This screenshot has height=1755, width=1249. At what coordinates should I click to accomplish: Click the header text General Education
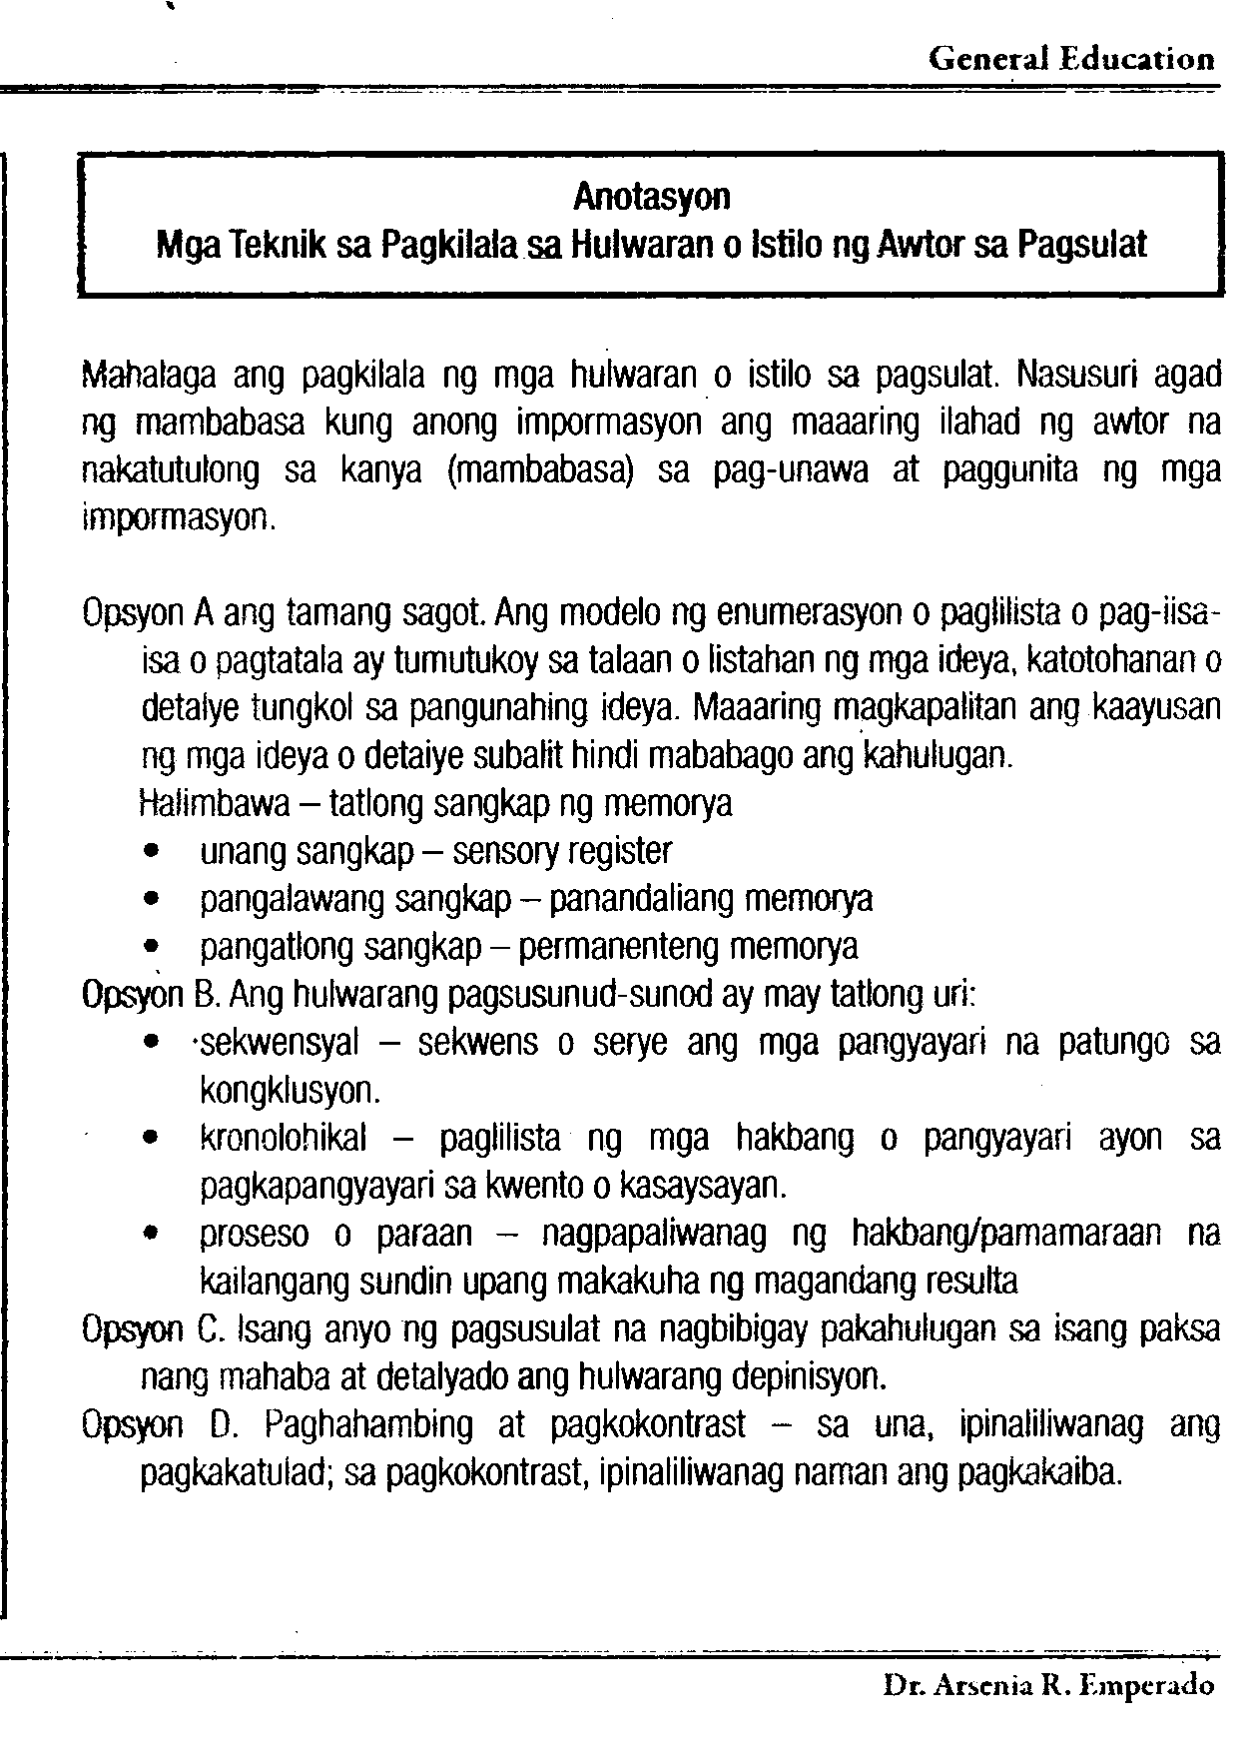[x=1071, y=59]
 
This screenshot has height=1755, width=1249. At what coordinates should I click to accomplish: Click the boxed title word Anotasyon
[x=651, y=197]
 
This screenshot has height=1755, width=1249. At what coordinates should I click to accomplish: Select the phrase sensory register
[x=562, y=851]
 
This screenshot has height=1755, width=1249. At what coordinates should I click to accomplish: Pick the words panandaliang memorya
[x=712, y=899]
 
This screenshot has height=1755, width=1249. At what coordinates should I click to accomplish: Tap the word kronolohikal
[x=284, y=1139]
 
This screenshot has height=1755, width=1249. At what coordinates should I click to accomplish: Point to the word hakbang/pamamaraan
[x=1005, y=1235]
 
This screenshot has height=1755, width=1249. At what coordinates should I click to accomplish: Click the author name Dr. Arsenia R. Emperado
[x=1048, y=1687]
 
